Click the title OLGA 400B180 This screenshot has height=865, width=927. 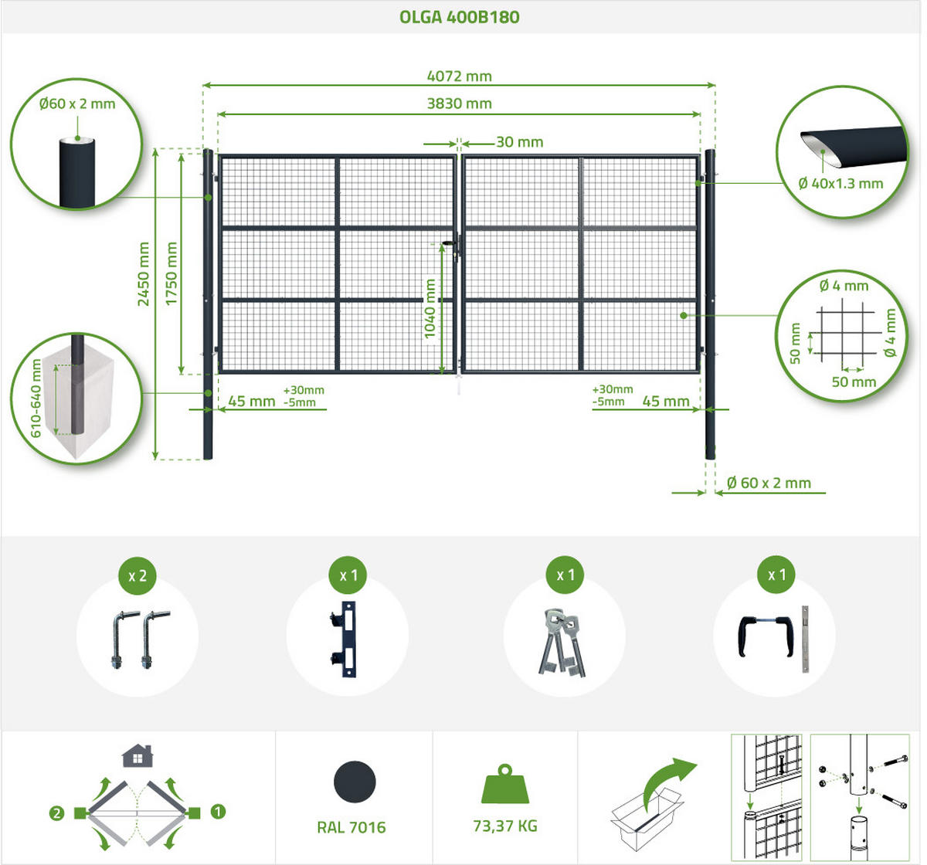[x=460, y=17]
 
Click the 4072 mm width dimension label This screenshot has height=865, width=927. [x=460, y=76]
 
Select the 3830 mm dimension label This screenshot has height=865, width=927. [x=460, y=103]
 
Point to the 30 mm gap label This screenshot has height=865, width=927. [x=520, y=142]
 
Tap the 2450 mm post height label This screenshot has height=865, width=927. [x=143, y=274]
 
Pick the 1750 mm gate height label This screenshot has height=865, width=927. [x=171, y=274]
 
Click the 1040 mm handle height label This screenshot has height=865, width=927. [x=430, y=309]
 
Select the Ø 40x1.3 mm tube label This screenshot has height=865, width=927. [x=840, y=184]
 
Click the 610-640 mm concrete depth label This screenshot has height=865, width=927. [x=36, y=399]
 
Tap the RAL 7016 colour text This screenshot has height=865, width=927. [x=351, y=828]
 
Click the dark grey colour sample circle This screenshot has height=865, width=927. [x=355, y=782]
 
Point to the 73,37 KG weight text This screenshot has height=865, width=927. [x=505, y=826]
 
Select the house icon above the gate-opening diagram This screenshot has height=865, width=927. [x=138, y=756]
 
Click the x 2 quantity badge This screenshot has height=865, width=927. [x=138, y=575]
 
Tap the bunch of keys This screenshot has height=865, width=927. [x=562, y=642]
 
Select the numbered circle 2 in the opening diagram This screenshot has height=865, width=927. [x=56, y=814]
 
